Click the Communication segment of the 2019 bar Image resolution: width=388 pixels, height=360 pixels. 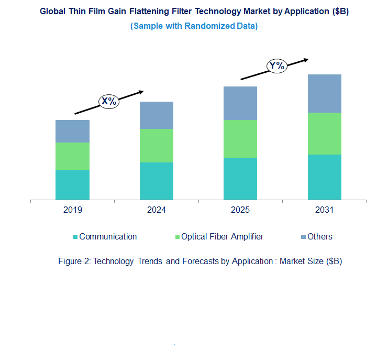tap(72, 184)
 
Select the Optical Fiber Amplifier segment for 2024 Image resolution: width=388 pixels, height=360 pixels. tap(157, 146)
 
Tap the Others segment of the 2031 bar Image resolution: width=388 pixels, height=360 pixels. tap(325, 93)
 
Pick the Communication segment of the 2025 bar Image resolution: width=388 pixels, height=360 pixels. tap(240, 179)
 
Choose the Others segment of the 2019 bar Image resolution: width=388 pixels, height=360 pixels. tap(72, 131)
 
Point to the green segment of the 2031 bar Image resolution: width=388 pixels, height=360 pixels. tap(325, 134)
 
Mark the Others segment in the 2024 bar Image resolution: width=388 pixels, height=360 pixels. tap(157, 115)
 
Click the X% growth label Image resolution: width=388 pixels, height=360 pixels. tap(109, 101)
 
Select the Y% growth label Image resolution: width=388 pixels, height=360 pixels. tap(276, 66)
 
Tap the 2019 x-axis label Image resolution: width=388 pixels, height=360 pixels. tap(72, 210)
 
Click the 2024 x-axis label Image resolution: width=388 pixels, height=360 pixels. tap(157, 210)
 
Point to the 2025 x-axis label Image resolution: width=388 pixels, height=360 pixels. tap(240, 210)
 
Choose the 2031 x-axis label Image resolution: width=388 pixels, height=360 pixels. tap(325, 210)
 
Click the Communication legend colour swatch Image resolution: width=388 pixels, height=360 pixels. tap(75, 237)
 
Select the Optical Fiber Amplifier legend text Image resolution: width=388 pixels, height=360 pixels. tap(222, 237)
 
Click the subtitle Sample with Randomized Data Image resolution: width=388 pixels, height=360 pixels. tap(194, 26)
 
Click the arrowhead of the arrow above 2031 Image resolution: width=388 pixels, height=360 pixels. tap(306, 59)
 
